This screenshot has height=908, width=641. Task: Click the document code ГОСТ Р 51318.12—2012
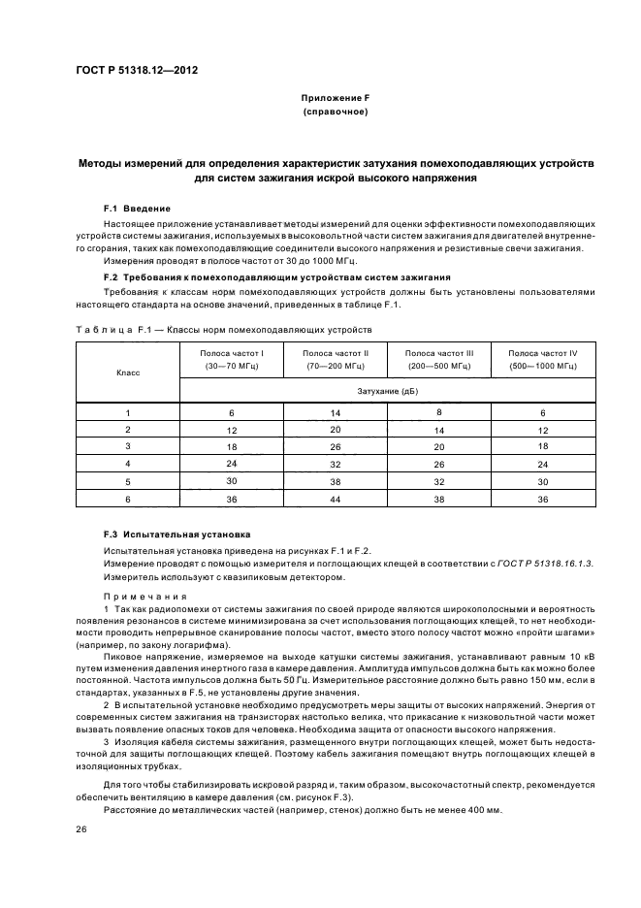coord(138,71)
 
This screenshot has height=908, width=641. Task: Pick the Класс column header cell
coord(128,372)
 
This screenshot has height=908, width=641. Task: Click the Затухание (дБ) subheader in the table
coord(388,390)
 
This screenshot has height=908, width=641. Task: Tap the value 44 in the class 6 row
coord(336,499)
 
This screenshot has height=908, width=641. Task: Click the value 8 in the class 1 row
coord(439,412)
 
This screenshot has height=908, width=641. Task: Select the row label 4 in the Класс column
coord(128,464)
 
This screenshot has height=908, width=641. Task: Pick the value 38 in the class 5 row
coord(336,481)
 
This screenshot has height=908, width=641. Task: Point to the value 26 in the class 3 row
coord(336,447)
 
